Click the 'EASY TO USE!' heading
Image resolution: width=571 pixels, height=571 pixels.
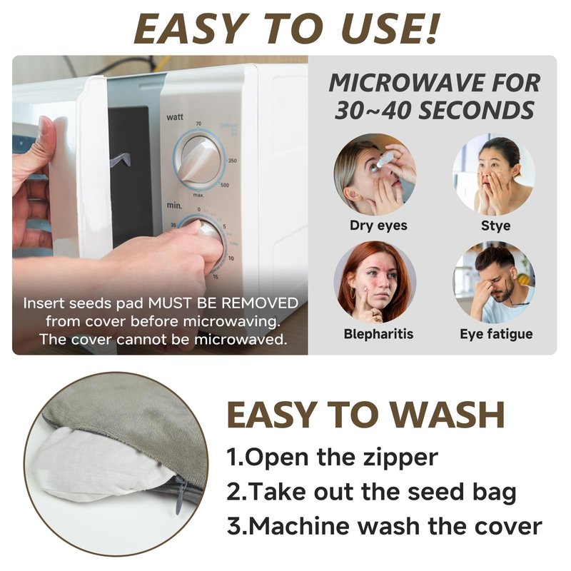pyautogui.click(x=287, y=29)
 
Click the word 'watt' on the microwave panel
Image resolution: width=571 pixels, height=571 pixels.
pyautogui.click(x=175, y=117)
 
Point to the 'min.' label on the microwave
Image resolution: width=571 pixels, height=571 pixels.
pyautogui.click(x=174, y=206)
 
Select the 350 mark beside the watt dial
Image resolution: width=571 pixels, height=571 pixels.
pyautogui.click(x=233, y=161)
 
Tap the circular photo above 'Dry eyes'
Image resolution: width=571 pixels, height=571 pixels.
pyautogui.click(x=375, y=174)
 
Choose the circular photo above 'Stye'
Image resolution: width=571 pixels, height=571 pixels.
pyautogui.click(x=494, y=174)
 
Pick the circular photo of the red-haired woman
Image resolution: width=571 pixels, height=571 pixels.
pyautogui.click(x=375, y=282)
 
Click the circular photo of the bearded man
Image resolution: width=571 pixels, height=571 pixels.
pyautogui.click(x=494, y=282)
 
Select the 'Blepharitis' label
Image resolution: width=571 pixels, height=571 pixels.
pyautogui.click(x=378, y=334)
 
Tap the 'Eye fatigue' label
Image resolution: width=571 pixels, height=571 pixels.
pyautogui.click(x=496, y=334)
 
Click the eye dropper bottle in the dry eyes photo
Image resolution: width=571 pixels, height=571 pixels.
pyautogui.click(x=385, y=160)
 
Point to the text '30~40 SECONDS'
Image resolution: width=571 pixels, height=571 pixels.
pyautogui.click(x=434, y=111)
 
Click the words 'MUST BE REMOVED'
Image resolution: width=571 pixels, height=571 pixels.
pyautogui.click(x=223, y=303)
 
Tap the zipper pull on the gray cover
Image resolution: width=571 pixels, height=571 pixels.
pyautogui.click(x=180, y=496)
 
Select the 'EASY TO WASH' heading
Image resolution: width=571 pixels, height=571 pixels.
pyautogui.click(x=365, y=415)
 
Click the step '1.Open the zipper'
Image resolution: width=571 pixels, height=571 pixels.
pyautogui.click(x=332, y=458)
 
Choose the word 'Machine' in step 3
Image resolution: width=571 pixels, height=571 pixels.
pyautogui.click(x=298, y=526)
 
